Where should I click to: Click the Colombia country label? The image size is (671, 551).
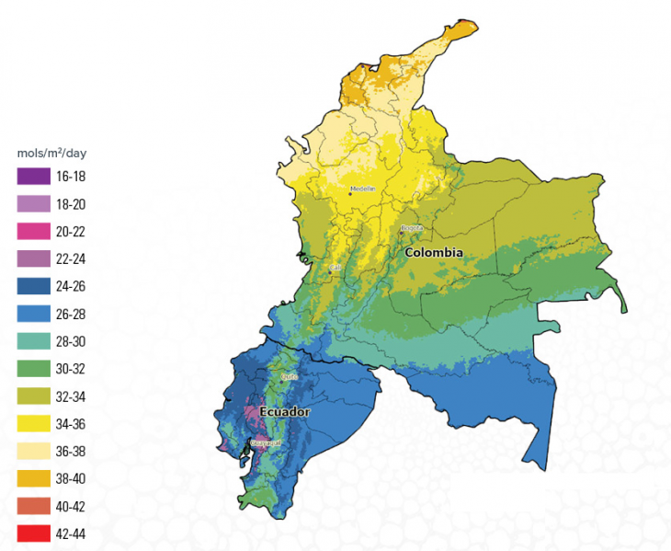(433, 252)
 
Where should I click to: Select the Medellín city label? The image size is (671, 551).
(362, 189)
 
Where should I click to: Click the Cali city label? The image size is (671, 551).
(335, 268)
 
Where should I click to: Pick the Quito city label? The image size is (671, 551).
(287, 375)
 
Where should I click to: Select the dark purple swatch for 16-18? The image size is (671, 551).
(32, 176)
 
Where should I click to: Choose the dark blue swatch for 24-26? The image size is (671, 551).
(32, 286)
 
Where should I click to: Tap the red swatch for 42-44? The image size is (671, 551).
(32, 534)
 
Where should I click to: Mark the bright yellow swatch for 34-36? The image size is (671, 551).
(32, 423)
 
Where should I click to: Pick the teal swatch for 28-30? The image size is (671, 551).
(32, 341)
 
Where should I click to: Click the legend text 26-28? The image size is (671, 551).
(72, 314)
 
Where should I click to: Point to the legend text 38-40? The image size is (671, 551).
(72, 478)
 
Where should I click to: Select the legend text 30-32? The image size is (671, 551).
(72, 369)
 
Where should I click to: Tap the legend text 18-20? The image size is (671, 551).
(72, 203)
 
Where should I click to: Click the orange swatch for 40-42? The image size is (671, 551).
(32, 506)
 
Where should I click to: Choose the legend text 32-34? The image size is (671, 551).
(72, 396)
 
